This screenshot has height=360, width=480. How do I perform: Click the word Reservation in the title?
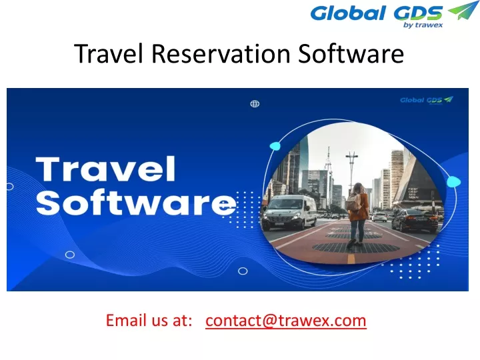pyautogui.click(x=221, y=53)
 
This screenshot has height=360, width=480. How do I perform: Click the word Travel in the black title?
pyautogui.click(x=109, y=53)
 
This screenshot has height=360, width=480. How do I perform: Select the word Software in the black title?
pyautogui.click(x=351, y=53)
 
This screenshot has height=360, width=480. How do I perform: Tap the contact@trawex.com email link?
pyautogui.click(x=286, y=321)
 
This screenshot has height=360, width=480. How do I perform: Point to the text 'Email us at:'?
pyautogui.click(x=149, y=320)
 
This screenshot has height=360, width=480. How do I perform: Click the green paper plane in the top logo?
pyautogui.click(x=463, y=11)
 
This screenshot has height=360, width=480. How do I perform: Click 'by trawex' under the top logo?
pyautogui.click(x=423, y=25)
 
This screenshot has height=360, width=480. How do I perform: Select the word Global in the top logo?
pyautogui.click(x=348, y=13)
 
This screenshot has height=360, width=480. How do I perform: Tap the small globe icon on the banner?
pyautogui.click(x=255, y=104)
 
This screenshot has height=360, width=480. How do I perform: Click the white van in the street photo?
pyautogui.click(x=289, y=213)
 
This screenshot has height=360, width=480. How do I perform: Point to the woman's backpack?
pyautogui.click(x=353, y=202)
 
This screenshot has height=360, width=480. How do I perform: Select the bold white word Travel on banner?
pyautogui.click(x=105, y=169)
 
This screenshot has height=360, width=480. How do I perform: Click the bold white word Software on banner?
pyautogui.click(x=136, y=203)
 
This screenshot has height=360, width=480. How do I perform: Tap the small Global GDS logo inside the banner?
pyautogui.click(x=427, y=100)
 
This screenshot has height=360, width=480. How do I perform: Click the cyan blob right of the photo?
pyautogui.click(x=454, y=182)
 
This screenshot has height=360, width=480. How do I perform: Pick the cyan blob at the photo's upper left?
pyautogui.click(x=275, y=146)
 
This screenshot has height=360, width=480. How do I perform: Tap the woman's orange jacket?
pyautogui.click(x=359, y=207)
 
